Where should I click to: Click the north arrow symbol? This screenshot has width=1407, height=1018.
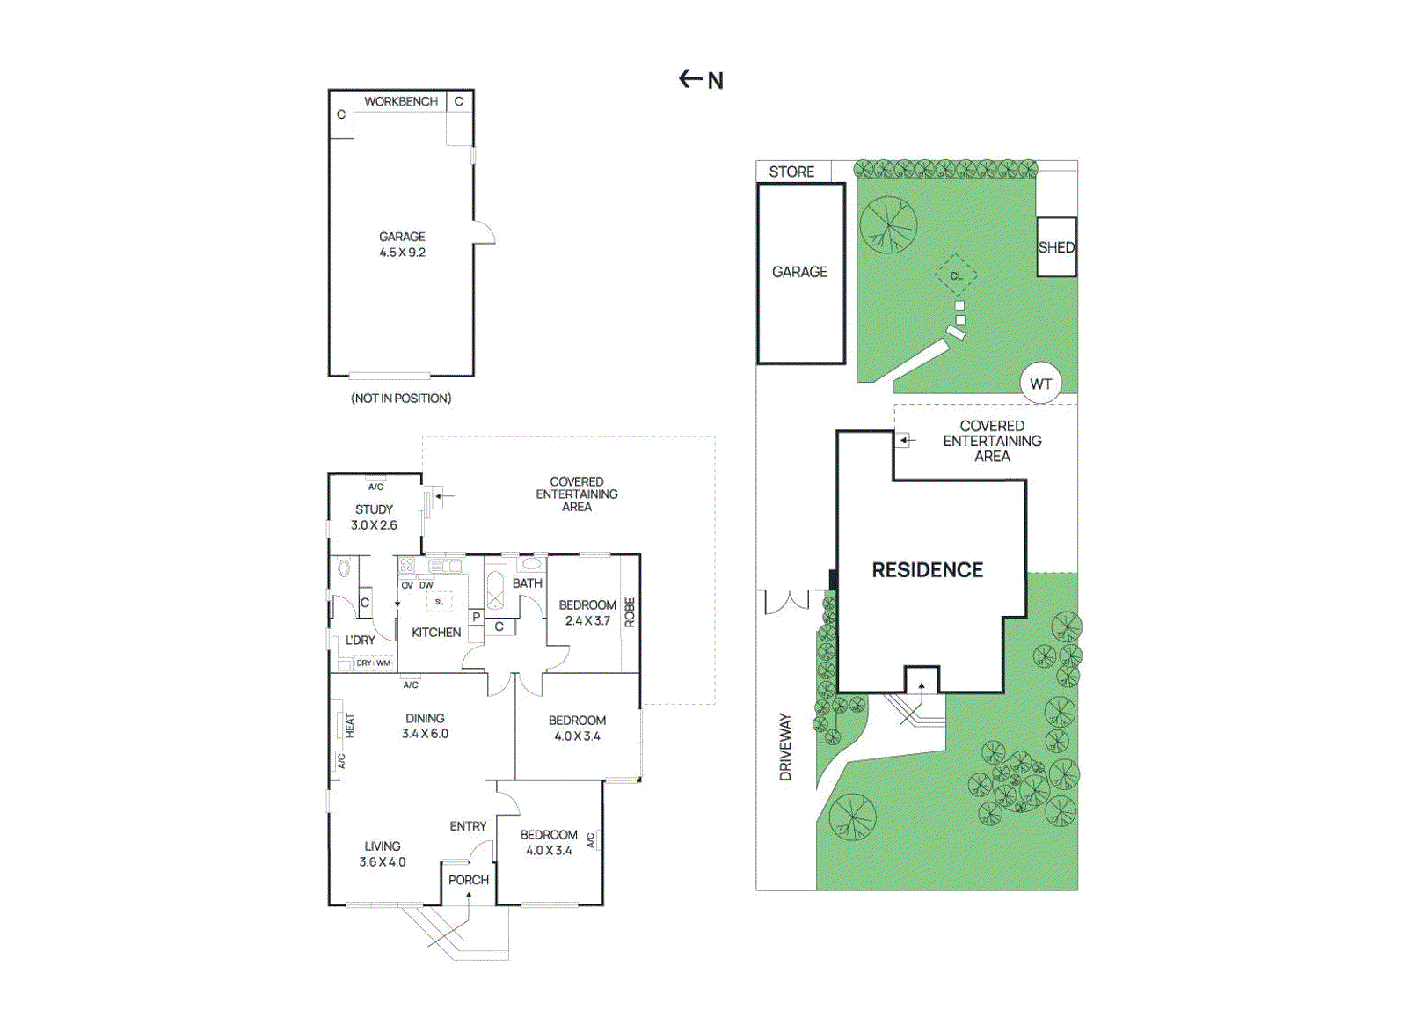click(700, 80)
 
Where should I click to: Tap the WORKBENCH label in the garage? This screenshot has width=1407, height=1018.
click(401, 102)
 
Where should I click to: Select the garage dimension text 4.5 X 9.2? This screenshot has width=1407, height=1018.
click(402, 253)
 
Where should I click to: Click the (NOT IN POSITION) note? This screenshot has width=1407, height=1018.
click(401, 399)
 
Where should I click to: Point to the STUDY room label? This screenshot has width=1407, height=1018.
click(374, 509)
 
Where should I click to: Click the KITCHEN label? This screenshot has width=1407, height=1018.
click(436, 633)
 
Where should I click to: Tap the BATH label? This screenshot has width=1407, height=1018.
click(527, 583)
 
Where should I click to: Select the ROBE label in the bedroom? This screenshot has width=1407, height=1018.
click(630, 612)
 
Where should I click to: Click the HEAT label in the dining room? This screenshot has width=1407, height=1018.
click(350, 726)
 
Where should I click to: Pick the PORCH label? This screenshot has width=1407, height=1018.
click(468, 880)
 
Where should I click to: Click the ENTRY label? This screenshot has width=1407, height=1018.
click(467, 826)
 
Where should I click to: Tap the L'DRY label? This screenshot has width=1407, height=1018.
click(360, 641)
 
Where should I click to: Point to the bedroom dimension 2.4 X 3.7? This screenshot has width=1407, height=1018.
click(587, 621)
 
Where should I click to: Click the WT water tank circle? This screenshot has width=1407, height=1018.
click(1040, 384)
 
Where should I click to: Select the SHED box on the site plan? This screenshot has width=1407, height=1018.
click(1056, 247)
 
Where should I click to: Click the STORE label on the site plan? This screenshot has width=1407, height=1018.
click(791, 172)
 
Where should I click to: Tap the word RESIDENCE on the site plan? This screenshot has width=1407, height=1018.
click(927, 570)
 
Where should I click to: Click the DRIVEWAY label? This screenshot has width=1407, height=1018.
click(785, 747)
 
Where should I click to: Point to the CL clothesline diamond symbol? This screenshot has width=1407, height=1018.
click(956, 276)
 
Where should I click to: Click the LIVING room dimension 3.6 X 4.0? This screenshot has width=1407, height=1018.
click(382, 862)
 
